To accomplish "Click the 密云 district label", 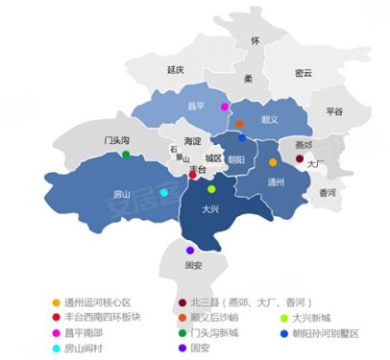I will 303,72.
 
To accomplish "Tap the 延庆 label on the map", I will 175,69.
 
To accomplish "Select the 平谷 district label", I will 334,111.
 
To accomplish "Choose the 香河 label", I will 327,192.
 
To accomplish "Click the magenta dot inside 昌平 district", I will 225,107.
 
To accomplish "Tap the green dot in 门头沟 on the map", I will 126,155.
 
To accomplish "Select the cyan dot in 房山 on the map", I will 163,192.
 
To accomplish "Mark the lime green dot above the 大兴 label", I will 211,189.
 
